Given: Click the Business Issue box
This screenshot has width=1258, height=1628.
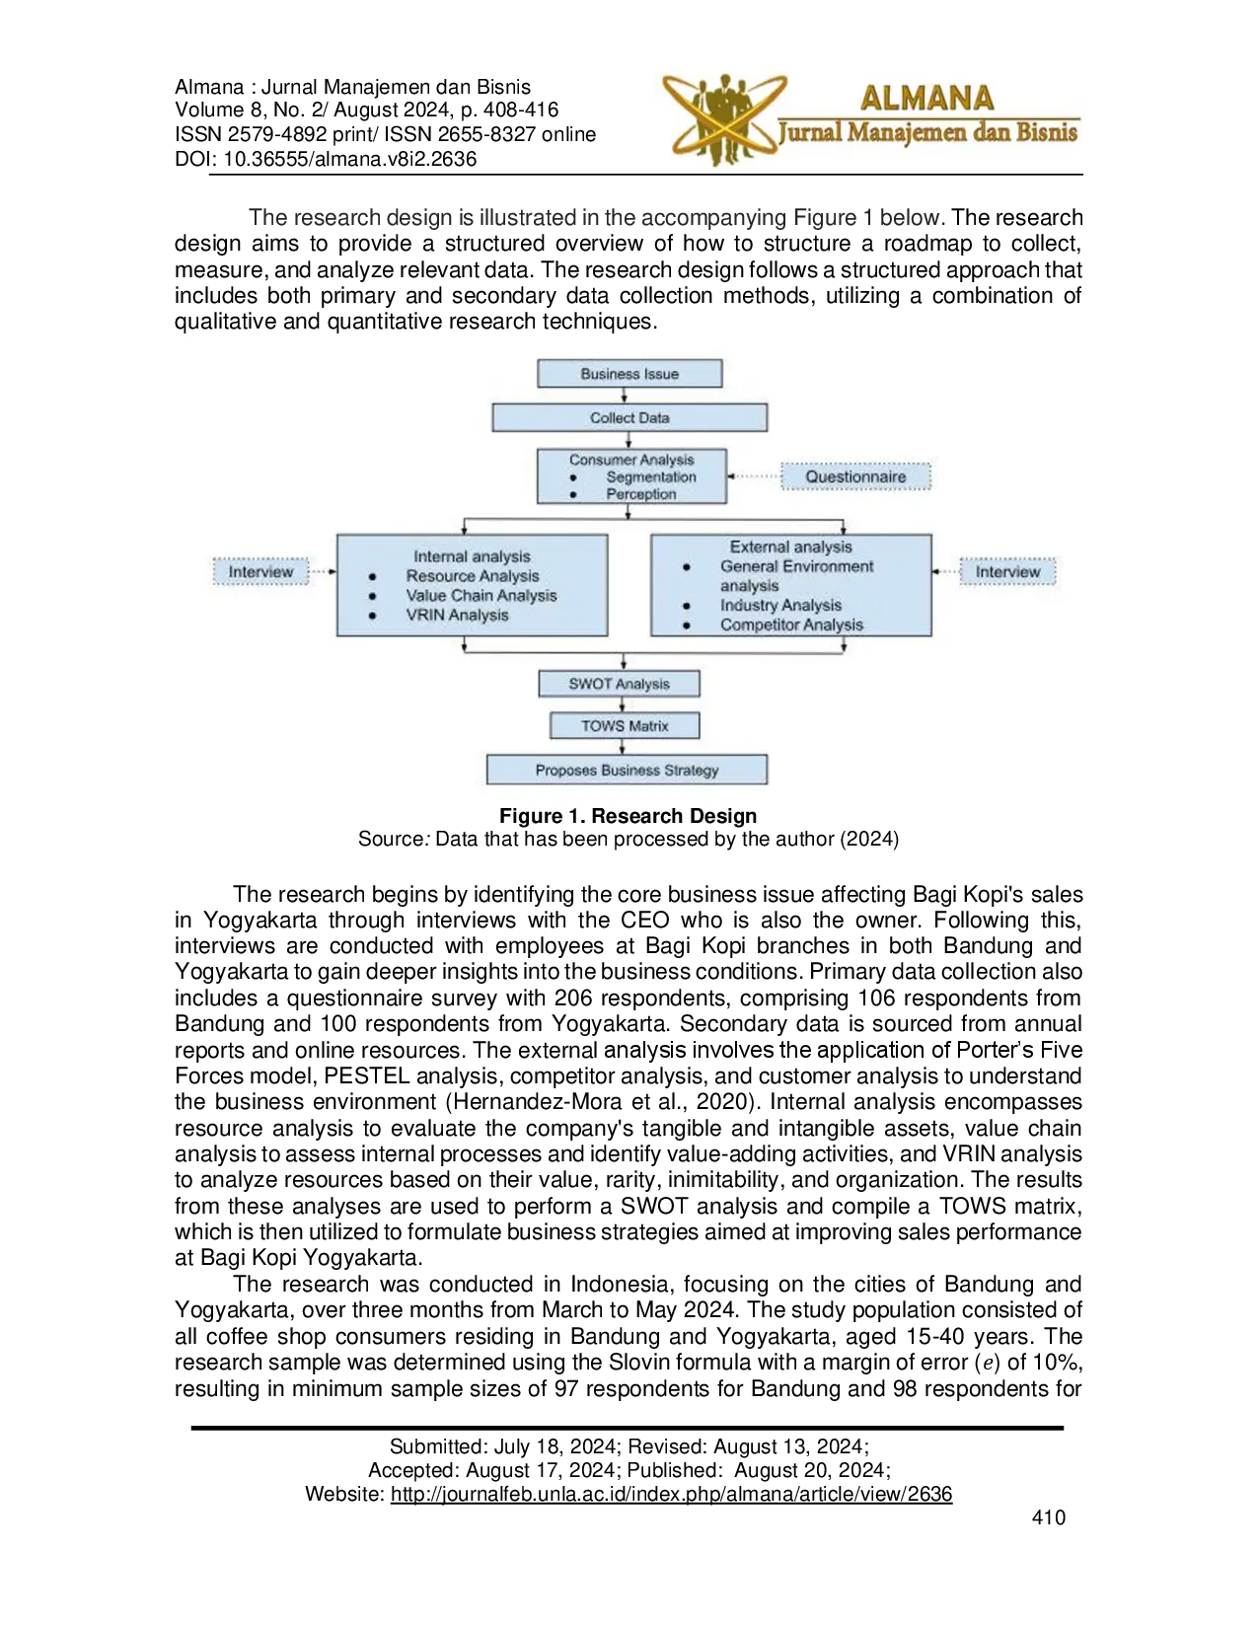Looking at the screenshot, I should [x=629, y=374].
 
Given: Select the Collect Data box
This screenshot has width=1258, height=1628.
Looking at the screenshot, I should [x=629, y=418].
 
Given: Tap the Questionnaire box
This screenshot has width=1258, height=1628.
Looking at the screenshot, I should [x=855, y=477].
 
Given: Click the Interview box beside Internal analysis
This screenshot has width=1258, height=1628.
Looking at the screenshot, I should [x=260, y=571].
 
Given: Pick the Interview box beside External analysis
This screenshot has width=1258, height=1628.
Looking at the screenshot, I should [x=1007, y=571].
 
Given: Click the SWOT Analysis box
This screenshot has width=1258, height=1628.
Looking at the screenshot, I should [x=619, y=684].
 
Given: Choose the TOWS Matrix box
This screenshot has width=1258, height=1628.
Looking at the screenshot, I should [x=625, y=726].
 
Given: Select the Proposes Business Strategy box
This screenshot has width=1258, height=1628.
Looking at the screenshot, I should [x=627, y=770].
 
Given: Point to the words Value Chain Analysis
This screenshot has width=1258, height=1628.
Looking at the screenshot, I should [x=481, y=596].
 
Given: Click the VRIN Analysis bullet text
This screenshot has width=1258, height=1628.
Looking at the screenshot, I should [x=457, y=615].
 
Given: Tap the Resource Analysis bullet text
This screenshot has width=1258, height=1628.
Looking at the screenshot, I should [x=473, y=576].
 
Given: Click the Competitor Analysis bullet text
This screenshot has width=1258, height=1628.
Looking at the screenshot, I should [x=791, y=625].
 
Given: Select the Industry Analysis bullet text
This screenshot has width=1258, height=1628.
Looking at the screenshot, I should [x=780, y=605].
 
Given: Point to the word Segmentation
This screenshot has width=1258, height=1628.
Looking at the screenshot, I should [x=651, y=477].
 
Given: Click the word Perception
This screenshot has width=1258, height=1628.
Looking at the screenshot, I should [x=641, y=493].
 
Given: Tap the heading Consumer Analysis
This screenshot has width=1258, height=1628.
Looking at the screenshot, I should [x=631, y=460].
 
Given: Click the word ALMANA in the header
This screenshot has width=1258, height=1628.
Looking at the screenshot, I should [x=926, y=98].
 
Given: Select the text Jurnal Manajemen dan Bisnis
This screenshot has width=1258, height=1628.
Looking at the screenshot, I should [x=927, y=132].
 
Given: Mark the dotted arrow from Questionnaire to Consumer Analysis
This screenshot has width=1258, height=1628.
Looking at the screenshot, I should [x=755, y=477].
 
